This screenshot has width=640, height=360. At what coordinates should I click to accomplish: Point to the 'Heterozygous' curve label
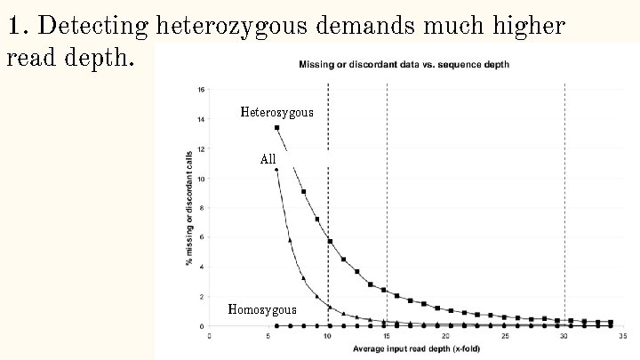[x=276, y=113]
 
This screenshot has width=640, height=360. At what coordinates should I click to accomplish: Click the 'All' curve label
[x=268, y=160]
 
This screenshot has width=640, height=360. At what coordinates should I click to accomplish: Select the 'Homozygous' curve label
[x=262, y=310]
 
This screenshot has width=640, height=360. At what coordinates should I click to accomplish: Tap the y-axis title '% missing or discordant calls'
[x=188, y=208]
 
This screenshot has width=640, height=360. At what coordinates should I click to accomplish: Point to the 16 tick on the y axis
[x=202, y=90]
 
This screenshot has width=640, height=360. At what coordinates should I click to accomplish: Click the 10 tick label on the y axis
[x=202, y=179]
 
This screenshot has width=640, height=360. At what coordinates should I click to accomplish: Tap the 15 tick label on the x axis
[x=387, y=336]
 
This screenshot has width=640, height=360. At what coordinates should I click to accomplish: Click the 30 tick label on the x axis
[x=564, y=336]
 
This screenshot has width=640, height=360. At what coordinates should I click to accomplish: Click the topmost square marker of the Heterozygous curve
[x=276, y=128]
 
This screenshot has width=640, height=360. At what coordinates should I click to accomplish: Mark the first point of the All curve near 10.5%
[x=276, y=170]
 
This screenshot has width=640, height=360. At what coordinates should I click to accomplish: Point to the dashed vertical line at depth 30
[x=565, y=204]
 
